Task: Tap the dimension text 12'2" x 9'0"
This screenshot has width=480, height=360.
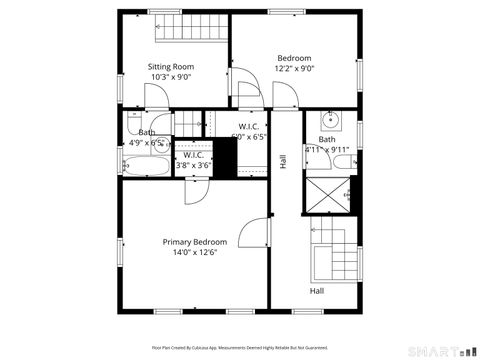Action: [294, 69]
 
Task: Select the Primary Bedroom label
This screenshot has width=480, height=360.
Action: [195, 242]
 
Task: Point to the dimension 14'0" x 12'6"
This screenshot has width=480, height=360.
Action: [195, 252]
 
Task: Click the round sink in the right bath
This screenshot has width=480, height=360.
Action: [337, 124]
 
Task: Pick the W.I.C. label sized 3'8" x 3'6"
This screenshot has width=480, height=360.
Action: [194, 160]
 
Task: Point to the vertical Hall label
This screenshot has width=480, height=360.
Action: [284, 160]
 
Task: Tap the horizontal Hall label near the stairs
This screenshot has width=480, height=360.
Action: [316, 291]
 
